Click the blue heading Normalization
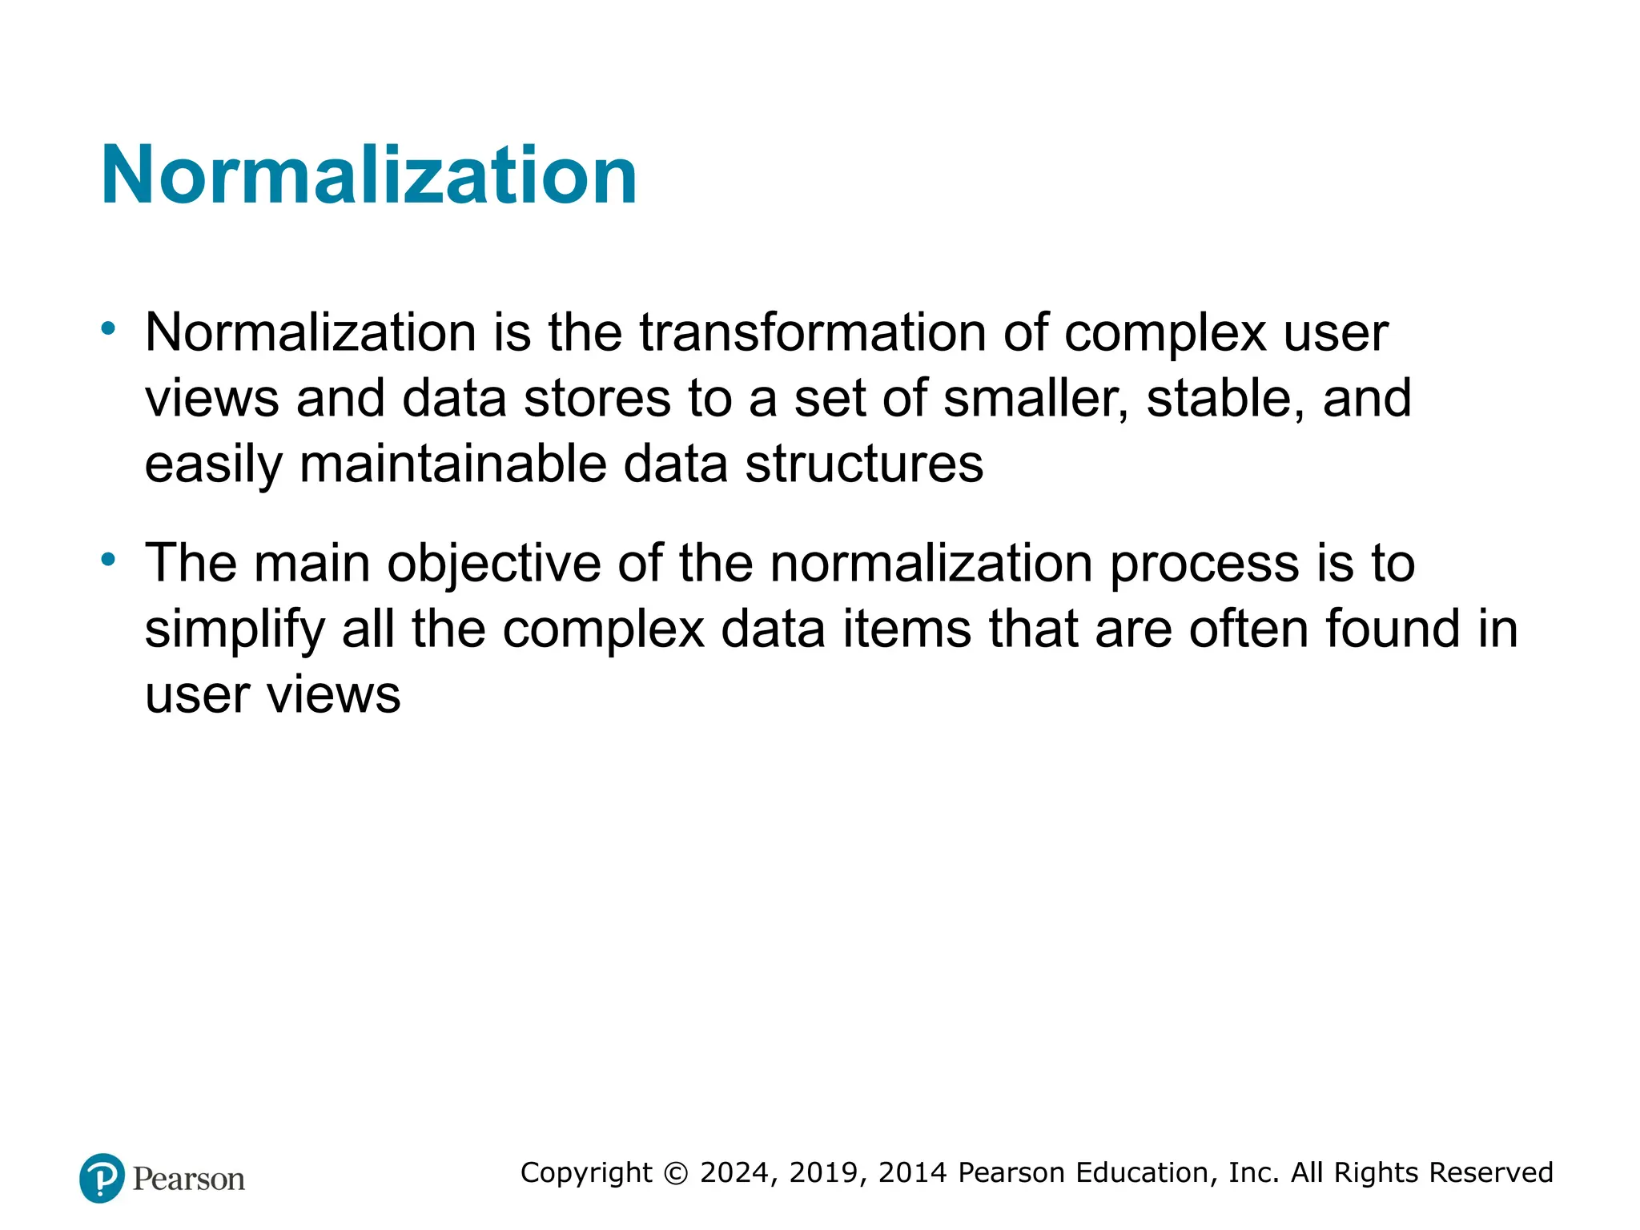368,175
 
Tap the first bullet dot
108,328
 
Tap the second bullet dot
108,560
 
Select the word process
1204,564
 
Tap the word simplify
234,629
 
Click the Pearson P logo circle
102,1178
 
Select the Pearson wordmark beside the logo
189,1180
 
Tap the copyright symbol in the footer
677,1173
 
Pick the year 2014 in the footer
913,1173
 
